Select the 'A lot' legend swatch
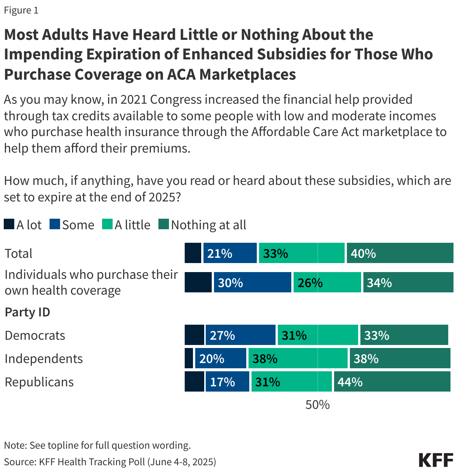tap(9, 225)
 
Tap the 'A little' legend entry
tap(127, 225)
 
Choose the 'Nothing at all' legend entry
tap(202, 225)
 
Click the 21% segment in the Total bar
tap(230, 253)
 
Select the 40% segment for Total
tap(400, 253)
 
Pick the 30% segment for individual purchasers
tap(252, 282)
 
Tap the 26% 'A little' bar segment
tap(327, 282)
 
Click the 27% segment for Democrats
tap(240, 335)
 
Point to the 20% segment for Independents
tap(220, 358)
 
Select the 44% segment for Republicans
tap(392, 381)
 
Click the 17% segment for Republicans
tap(227, 381)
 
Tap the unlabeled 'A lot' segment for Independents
tap(189, 358)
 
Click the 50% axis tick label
tap(318, 405)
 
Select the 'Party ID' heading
tap(27, 312)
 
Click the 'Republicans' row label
tap(39, 382)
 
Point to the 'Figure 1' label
tap(21, 10)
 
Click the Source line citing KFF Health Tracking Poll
tap(110, 461)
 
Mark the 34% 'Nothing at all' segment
tap(408, 282)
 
